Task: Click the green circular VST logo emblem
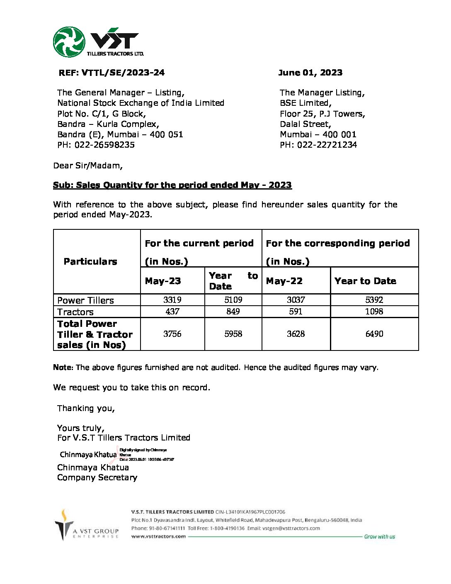click(x=69, y=42)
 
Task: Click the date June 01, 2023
click(x=310, y=73)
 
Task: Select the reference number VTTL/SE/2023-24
click(x=123, y=73)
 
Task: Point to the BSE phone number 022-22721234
click(x=327, y=145)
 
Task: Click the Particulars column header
click(x=90, y=261)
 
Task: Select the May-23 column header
click(x=163, y=281)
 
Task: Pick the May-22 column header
click(x=284, y=281)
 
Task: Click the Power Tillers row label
click(x=85, y=300)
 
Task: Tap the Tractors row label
click(x=75, y=312)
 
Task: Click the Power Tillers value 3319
click(x=172, y=300)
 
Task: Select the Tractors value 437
click(x=172, y=311)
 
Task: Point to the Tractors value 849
click(x=233, y=311)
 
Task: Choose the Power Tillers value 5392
click(x=374, y=300)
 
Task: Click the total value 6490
click(x=374, y=334)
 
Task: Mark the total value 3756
click(x=172, y=334)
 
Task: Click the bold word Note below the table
click(x=62, y=367)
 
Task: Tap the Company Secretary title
click(x=97, y=477)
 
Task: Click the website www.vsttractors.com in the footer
click(x=158, y=536)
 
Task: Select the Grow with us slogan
click(x=379, y=537)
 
